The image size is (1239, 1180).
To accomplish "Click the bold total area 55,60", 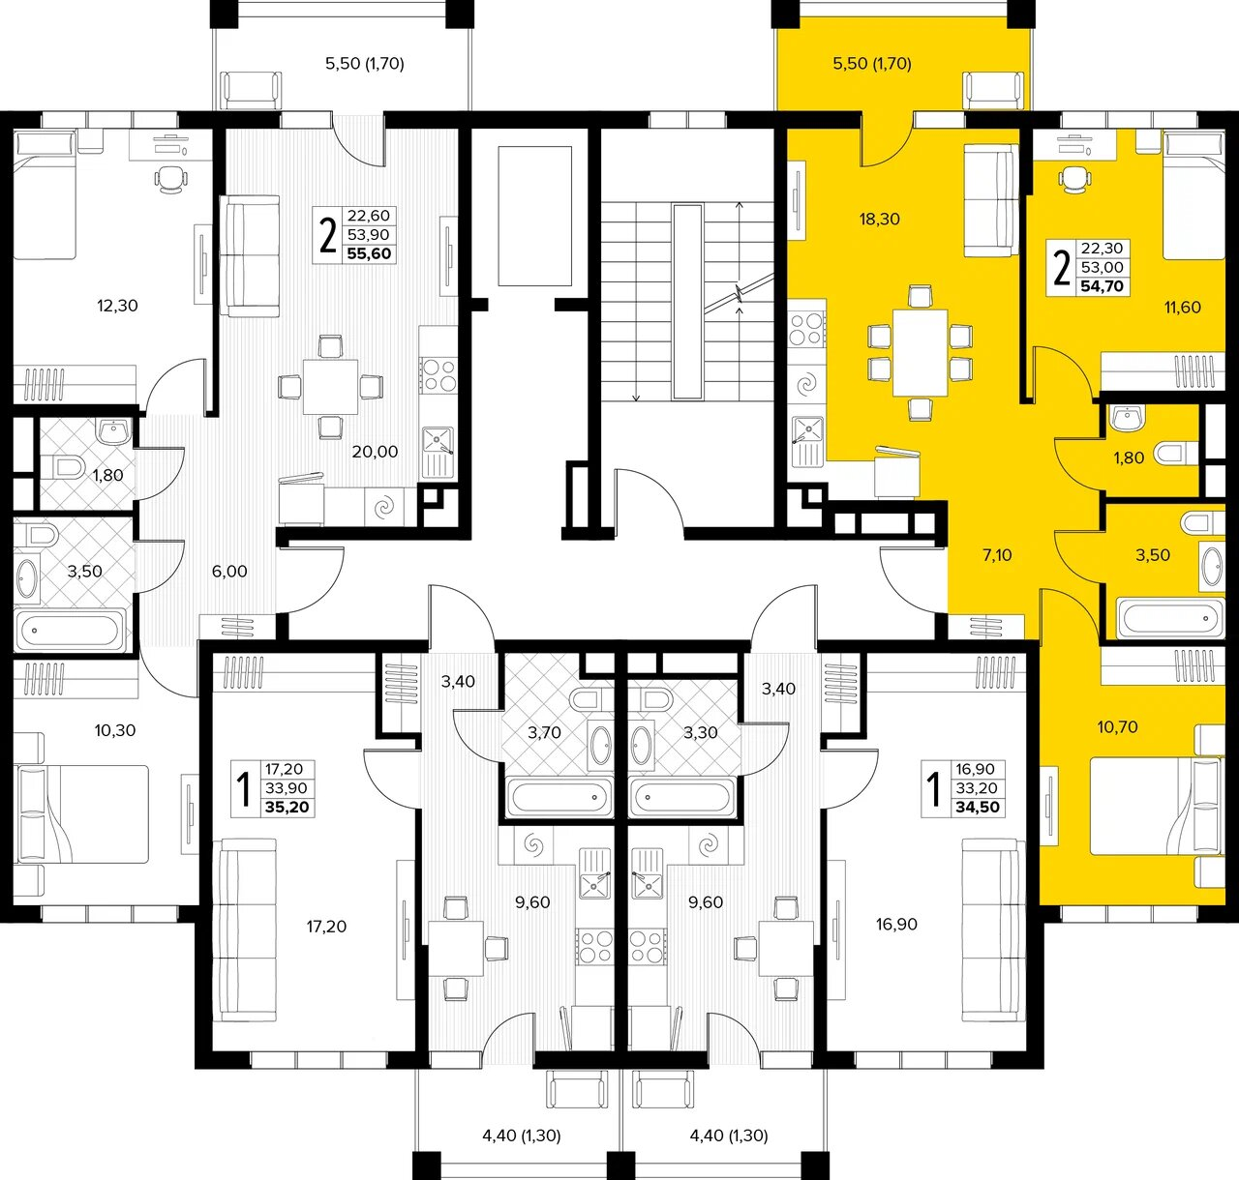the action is [369, 253].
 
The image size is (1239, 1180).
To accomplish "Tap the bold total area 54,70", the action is [1103, 286].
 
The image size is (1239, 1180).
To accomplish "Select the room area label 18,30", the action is [879, 220].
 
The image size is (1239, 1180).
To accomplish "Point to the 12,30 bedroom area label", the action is [117, 306].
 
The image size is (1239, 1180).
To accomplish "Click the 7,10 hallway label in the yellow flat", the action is [997, 555].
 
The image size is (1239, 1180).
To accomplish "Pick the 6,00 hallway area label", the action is [229, 571].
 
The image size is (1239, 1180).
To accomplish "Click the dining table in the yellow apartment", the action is [921, 352].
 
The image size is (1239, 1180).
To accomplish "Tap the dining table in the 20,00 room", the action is [330, 387].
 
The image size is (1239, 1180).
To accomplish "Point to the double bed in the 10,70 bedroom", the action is [1157, 806].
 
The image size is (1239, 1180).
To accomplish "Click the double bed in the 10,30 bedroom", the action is [81, 813].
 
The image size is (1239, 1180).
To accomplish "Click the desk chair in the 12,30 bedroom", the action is [170, 180].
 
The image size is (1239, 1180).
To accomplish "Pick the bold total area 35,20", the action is [287, 808].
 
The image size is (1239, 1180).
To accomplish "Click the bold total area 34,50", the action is [978, 808].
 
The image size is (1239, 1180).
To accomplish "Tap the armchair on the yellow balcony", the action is [993, 91].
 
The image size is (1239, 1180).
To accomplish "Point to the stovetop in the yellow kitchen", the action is [807, 329].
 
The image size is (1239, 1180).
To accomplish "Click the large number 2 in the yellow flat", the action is [1063, 268].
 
